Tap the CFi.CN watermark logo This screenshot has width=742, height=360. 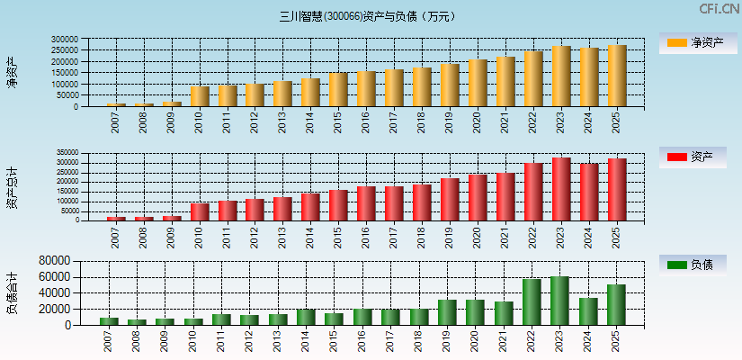(x=720, y=9)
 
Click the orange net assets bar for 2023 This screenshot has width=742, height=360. (x=561, y=76)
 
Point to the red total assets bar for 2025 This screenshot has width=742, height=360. (x=616, y=190)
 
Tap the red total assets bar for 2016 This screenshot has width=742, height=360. (x=366, y=203)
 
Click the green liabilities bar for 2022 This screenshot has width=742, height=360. (x=532, y=302)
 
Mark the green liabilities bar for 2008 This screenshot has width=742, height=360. (x=137, y=322)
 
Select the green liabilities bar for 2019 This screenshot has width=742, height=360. (x=448, y=312)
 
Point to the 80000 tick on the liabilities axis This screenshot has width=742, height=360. (x=54, y=260)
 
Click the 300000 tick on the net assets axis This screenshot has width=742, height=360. (x=64, y=40)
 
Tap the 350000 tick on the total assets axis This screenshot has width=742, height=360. (x=66, y=153)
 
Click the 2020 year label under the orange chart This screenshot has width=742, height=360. (x=477, y=121)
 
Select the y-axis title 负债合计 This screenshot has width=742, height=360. (x=12, y=292)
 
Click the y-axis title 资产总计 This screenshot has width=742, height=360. (x=12, y=187)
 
